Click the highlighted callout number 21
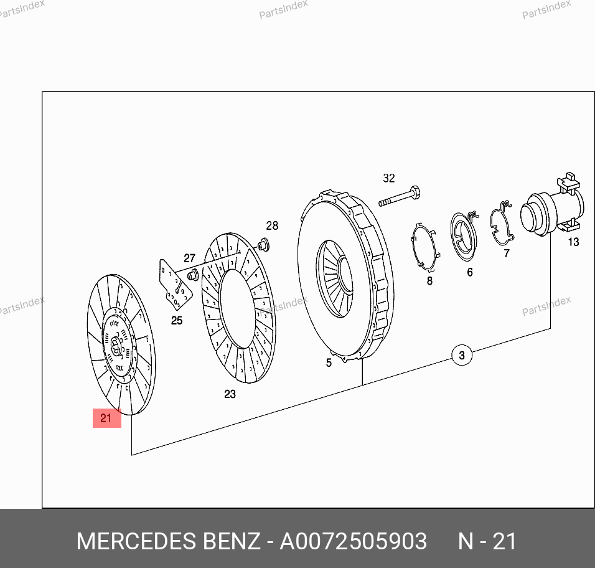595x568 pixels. (x=106, y=418)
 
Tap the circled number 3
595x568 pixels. (x=462, y=356)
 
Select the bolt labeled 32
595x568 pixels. (x=400, y=196)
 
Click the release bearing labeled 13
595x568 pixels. (x=553, y=207)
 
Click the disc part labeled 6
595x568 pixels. (x=464, y=237)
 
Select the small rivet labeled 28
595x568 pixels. (x=264, y=245)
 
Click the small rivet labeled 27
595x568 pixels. (x=194, y=274)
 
